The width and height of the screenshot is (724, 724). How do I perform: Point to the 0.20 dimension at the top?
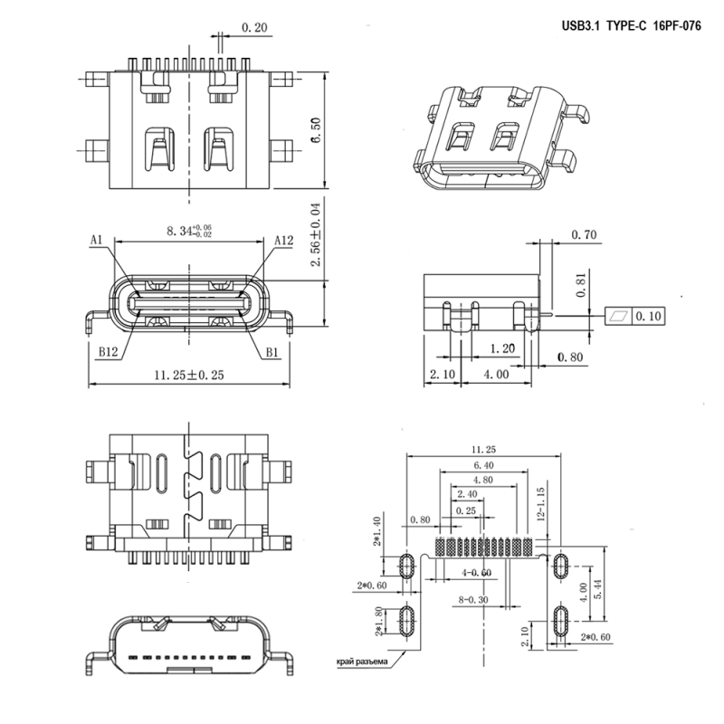pos(254,29)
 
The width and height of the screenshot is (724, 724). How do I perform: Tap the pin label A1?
pos(97,241)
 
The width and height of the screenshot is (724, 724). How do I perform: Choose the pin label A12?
pos(283,241)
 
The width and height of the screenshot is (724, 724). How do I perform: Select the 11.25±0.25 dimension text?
pos(188,374)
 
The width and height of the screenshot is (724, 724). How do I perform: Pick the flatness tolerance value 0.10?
pos(650,316)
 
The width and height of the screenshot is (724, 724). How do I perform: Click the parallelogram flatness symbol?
pos(620,316)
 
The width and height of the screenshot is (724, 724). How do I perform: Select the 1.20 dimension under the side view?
pos(502,348)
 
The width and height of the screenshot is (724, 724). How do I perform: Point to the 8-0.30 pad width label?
pos(473,600)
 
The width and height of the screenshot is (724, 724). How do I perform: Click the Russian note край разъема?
pos(360,661)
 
